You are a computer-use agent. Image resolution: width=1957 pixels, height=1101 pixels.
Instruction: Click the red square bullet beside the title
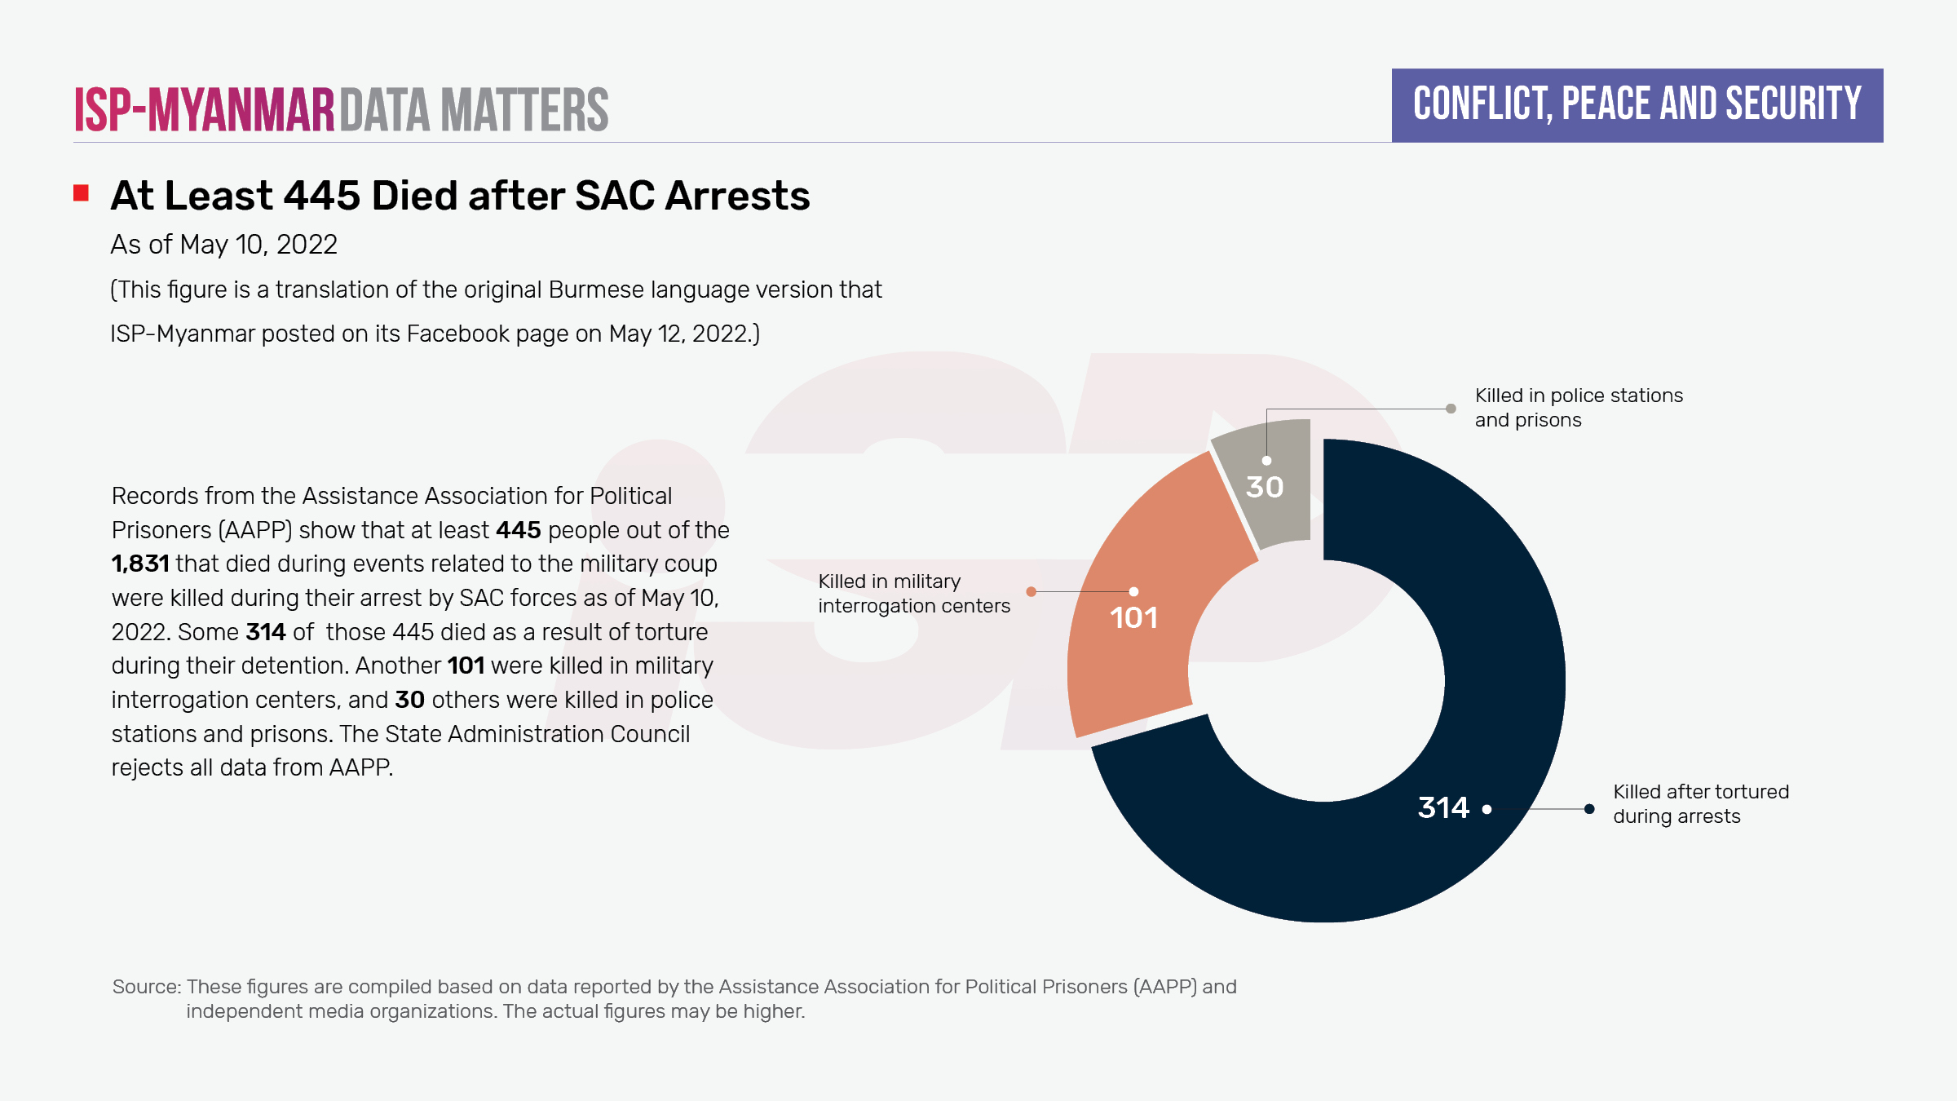81,193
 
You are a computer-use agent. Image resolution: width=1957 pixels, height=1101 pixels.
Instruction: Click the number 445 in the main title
321,197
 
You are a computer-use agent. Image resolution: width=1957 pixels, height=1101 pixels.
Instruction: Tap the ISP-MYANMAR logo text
205,110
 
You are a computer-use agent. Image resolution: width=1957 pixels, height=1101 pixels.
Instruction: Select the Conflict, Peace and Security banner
1637,105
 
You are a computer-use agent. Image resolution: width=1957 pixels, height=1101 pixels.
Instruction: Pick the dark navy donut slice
1468,652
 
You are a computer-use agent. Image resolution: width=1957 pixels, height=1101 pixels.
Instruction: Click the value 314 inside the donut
1442,808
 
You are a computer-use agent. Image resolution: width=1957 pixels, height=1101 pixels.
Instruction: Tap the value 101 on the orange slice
1133,618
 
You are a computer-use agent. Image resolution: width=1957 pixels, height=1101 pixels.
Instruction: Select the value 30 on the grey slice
1265,488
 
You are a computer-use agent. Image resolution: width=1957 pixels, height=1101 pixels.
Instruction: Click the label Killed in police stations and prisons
1578,408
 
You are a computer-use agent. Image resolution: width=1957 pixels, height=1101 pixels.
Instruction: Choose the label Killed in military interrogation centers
913,594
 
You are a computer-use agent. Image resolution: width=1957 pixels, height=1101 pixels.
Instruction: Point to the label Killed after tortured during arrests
1700,804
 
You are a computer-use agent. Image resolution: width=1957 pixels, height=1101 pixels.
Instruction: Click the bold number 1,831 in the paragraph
140,564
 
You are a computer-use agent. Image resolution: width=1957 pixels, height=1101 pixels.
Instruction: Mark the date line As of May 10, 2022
223,245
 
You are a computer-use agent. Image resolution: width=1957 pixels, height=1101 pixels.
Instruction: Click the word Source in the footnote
145,987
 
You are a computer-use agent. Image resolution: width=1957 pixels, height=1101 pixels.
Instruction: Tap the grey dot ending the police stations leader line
1451,409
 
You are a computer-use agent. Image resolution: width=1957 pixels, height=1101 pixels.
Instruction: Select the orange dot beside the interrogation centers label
1032,592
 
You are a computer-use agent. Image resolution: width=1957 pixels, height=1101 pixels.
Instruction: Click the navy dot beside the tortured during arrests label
1589,809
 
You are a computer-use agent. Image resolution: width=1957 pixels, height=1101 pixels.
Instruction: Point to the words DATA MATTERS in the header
474,110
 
